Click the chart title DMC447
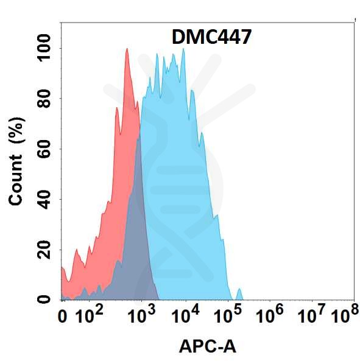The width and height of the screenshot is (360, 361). coord(211,37)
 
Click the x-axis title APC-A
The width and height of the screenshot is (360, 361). coord(208,346)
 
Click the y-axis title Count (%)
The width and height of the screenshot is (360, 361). coord(16,161)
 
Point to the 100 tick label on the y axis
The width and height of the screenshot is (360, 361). coord(44,48)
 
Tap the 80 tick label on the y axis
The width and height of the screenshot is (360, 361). coord(44,99)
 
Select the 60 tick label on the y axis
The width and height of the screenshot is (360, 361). coord(44,149)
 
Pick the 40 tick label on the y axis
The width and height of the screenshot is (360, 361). coord(44,200)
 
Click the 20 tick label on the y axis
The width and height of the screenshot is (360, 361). coord(44,250)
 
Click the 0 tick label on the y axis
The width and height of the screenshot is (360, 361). coord(44,300)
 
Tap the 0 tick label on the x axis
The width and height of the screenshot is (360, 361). coord(62,317)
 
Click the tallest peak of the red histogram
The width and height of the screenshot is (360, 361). coord(127,49)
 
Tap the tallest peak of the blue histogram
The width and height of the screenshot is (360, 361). coord(183,49)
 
